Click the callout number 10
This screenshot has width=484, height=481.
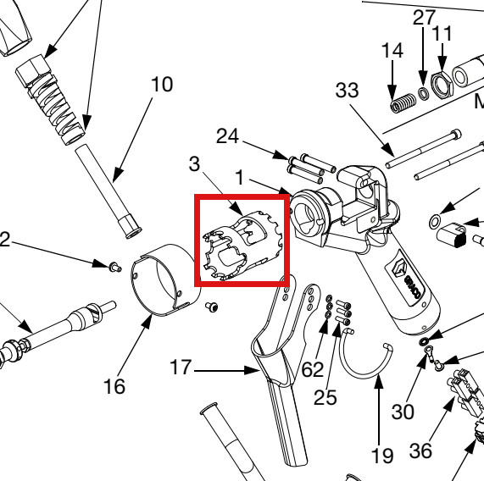coord(162,85)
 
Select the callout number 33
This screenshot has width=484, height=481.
coord(348,91)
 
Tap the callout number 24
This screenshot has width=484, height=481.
coord(227,136)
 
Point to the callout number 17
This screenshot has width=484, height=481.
coord(181,368)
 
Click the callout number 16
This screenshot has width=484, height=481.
coord(114,386)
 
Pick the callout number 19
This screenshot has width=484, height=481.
coord(382,456)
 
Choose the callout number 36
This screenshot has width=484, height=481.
coord(420,451)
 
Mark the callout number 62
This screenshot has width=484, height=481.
coord(313,369)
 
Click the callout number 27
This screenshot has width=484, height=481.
coord(425,18)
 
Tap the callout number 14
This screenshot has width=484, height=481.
coord(392,51)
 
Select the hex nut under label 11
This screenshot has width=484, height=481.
coord(442,84)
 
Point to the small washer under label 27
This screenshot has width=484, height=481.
coord(423,93)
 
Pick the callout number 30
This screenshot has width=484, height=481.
coord(403,412)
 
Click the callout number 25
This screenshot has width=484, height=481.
coord(325,397)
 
